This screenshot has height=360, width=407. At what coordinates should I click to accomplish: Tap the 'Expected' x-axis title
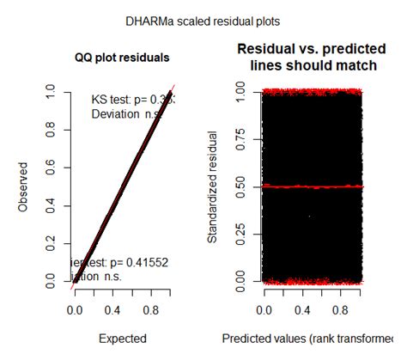point(122,338)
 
